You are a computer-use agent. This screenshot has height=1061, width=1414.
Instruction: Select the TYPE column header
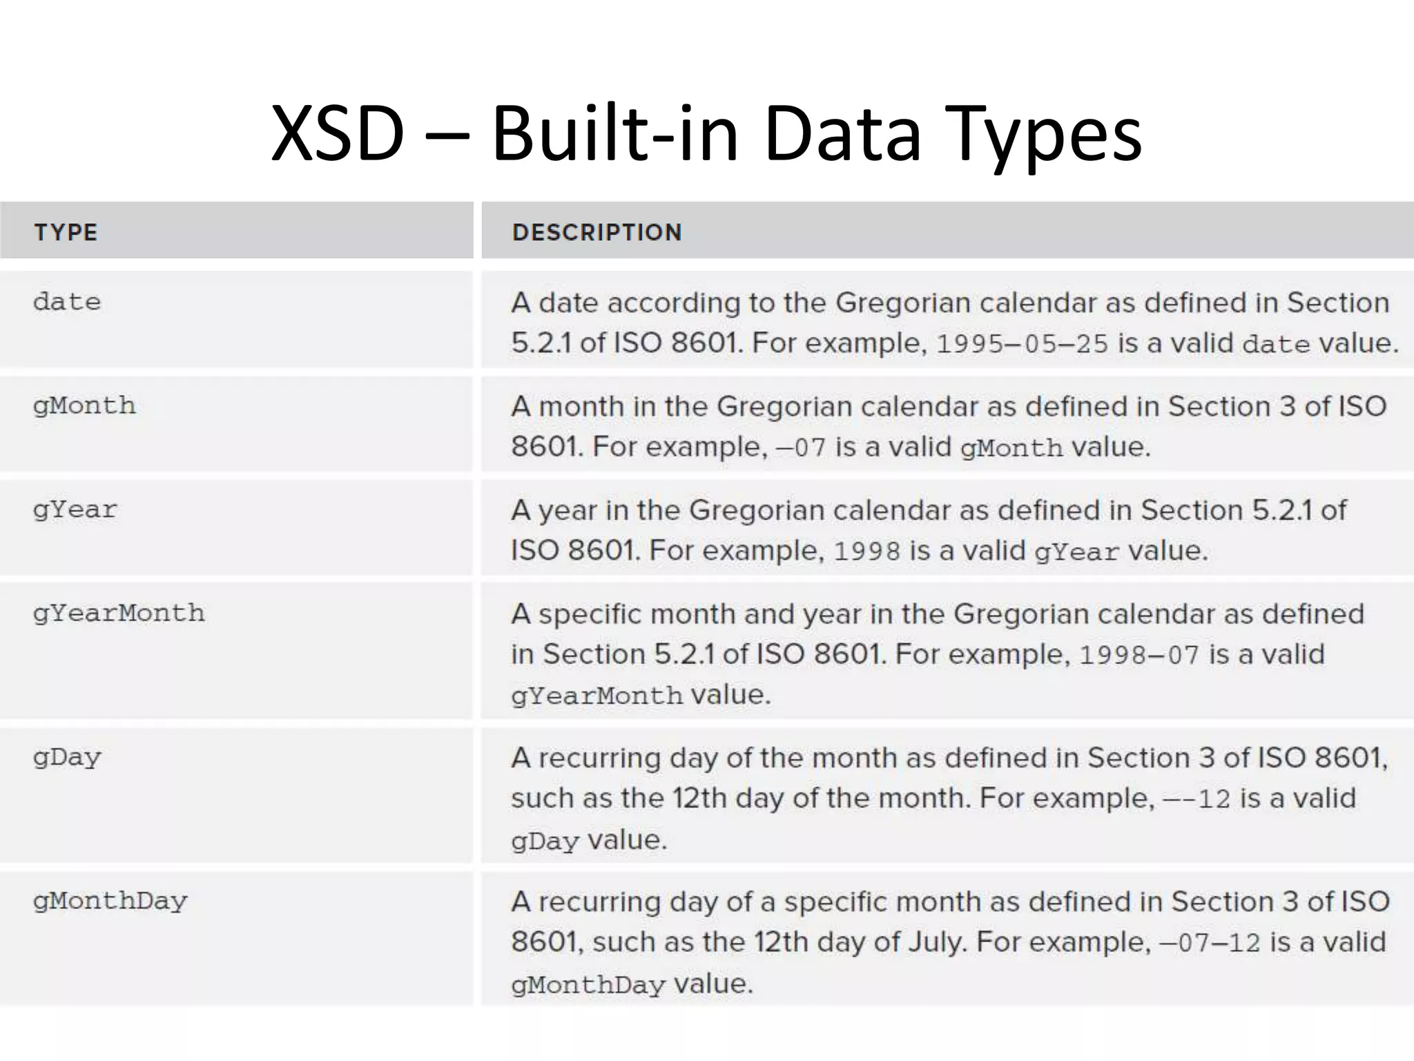click(66, 232)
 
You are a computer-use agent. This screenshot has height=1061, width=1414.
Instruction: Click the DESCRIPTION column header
click(597, 232)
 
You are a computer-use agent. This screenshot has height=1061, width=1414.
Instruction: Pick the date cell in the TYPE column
click(67, 302)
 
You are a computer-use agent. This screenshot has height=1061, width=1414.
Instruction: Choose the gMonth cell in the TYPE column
click(84, 405)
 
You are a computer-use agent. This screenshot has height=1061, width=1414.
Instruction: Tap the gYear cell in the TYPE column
click(75, 510)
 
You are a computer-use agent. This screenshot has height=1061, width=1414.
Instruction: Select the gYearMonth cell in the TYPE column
click(119, 613)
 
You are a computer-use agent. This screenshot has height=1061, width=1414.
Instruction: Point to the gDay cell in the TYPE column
click(67, 758)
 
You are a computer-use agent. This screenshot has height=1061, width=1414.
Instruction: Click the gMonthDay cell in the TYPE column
click(110, 901)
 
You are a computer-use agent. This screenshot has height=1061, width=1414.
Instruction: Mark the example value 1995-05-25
click(1022, 344)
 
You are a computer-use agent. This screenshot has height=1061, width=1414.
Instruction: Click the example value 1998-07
click(1139, 655)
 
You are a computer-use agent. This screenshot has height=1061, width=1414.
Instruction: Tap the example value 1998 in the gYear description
click(867, 551)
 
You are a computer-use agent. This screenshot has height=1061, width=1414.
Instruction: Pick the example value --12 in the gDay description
click(1197, 799)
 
